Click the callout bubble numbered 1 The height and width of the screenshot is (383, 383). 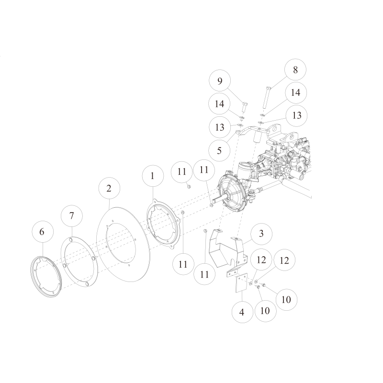click(x=152, y=176)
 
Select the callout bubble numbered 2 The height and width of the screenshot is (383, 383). click(x=109, y=188)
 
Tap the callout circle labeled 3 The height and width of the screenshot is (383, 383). click(x=261, y=234)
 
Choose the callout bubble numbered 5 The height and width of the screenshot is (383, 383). click(x=219, y=150)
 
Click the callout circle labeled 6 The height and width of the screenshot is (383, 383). click(x=42, y=232)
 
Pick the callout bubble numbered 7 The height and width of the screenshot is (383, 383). click(x=72, y=215)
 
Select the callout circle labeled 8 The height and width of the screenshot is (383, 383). click(x=295, y=70)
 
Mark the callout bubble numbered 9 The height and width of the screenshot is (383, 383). click(x=220, y=81)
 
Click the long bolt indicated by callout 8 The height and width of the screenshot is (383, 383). click(x=267, y=98)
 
